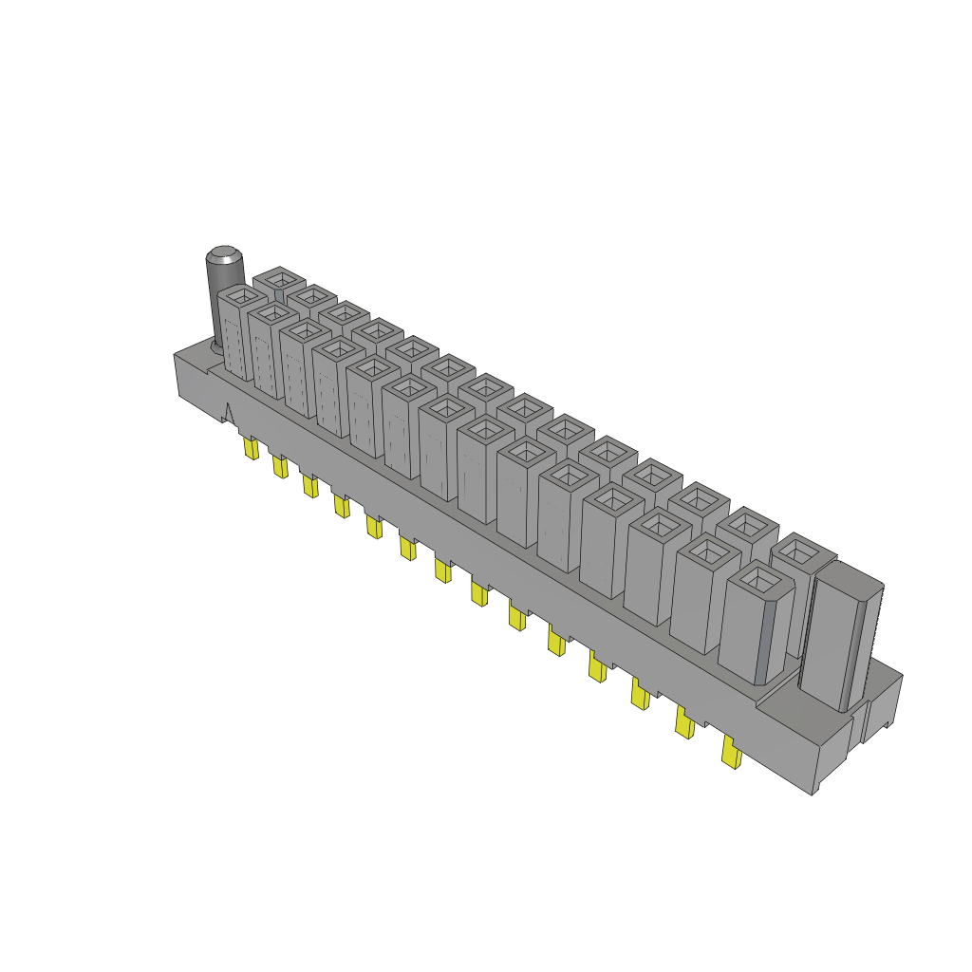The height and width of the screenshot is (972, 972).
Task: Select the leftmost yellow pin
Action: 252,449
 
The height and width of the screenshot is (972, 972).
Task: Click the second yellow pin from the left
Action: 280,467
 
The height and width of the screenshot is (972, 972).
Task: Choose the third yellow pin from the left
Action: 309,486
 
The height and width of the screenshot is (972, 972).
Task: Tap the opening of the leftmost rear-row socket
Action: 279,279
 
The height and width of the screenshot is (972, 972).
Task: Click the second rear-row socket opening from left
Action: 311,297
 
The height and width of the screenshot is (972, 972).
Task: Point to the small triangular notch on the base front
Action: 228,413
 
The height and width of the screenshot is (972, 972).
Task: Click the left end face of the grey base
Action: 190,380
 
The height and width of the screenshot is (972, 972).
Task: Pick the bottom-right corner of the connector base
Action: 813,794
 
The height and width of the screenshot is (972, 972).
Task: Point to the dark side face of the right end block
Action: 862,645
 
